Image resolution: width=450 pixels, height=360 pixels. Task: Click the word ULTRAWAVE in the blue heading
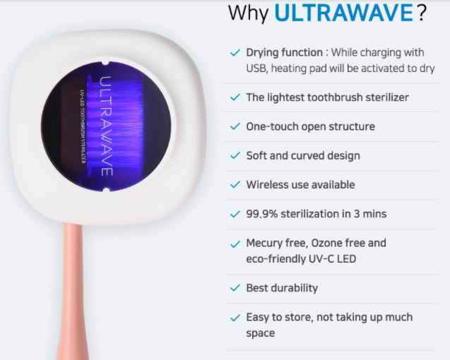pos(343,12)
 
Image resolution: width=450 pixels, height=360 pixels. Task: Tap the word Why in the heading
pos(249,13)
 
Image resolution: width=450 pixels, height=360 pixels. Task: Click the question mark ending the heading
pos(421,12)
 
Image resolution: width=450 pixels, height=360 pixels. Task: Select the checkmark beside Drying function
pos(235,53)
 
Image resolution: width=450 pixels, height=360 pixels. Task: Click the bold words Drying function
pos(285,53)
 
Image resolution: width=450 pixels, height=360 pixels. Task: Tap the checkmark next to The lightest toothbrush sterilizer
pos(235,97)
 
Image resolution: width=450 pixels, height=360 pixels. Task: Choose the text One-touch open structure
pos(311,126)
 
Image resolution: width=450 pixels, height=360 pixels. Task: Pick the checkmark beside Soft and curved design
pos(235,156)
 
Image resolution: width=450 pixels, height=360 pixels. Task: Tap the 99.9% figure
pos(261,214)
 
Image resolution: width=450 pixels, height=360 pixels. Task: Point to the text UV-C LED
pos(332,259)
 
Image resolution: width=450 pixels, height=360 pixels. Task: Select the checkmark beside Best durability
pos(235,288)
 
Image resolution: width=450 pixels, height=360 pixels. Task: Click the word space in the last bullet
pos(260,334)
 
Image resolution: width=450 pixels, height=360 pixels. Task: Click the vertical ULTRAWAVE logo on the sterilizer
pos(106,126)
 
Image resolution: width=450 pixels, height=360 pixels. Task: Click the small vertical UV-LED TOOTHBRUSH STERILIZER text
pos(83,126)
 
